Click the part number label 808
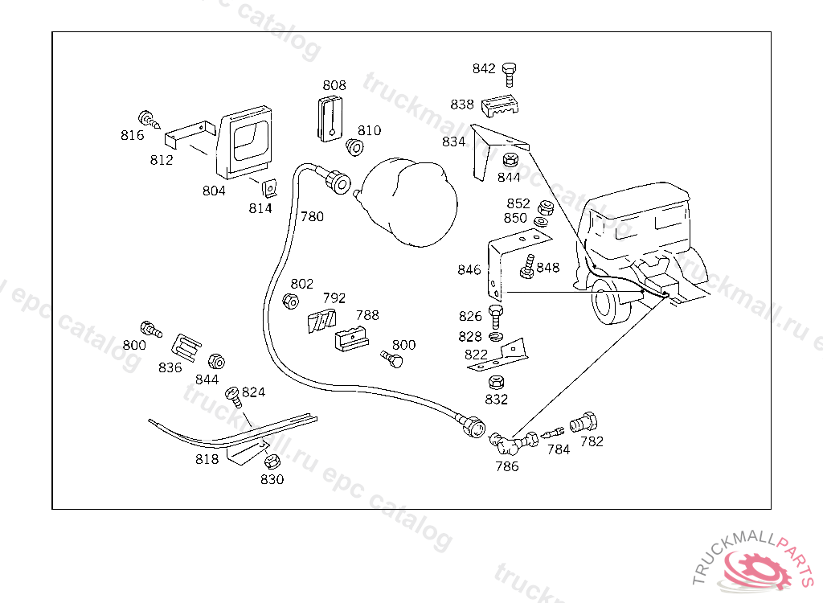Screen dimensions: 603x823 point(334,85)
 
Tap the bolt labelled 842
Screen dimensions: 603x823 point(509,74)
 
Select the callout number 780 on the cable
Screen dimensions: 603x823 point(312,217)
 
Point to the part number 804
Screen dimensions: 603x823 point(214,191)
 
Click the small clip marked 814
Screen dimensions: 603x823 point(270,188)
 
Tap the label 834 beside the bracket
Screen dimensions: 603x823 point(453,142)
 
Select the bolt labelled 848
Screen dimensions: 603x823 point(528,266)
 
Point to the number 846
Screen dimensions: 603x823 point(469,270)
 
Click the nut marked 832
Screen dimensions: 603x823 point(497,382)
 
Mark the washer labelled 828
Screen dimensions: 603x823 point(497,336)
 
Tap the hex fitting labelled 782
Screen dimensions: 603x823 point(584,422)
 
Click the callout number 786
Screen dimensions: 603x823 point(506,466)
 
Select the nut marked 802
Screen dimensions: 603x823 point(291,301)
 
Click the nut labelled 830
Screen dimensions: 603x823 point(271,462)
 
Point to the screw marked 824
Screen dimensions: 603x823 point(234,395)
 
